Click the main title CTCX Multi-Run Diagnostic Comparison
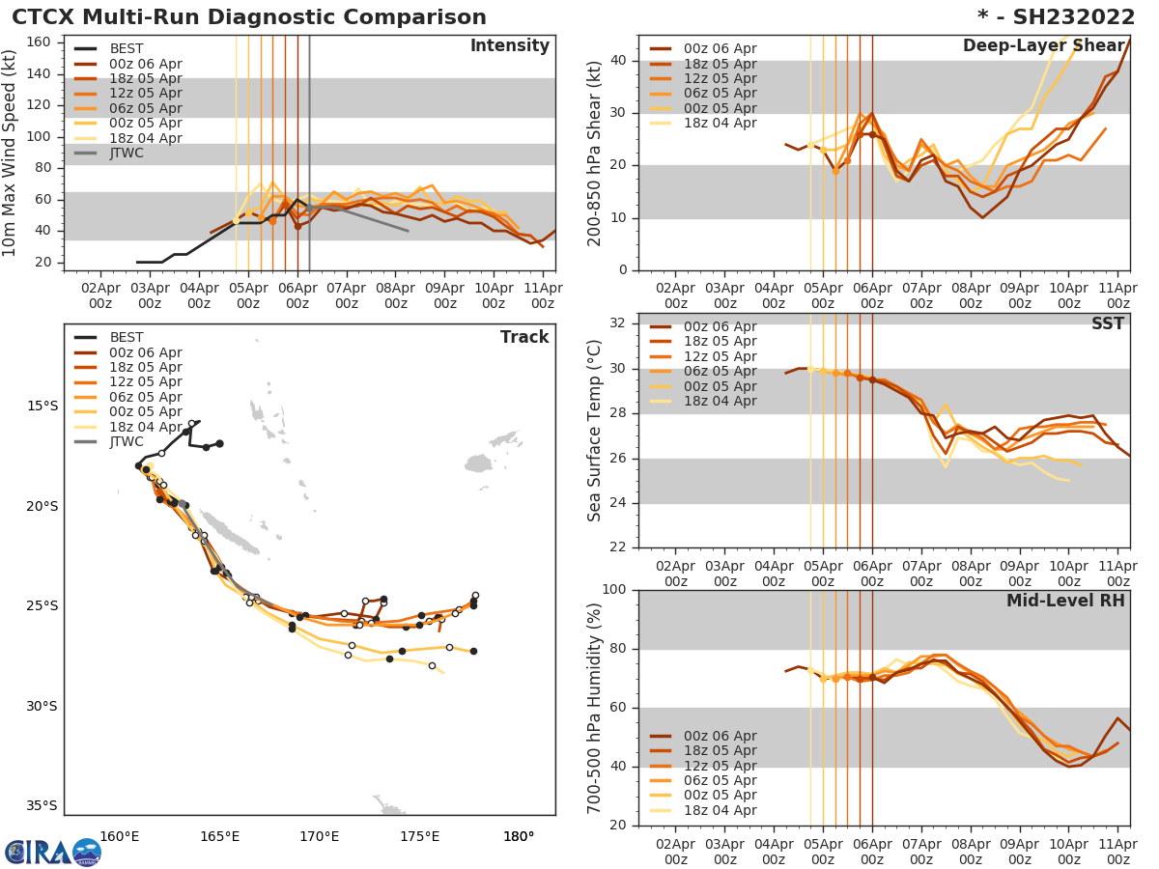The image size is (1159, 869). coord(249,17)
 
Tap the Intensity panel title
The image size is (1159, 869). coord(509,46)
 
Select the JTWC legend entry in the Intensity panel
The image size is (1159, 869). coord(127,153)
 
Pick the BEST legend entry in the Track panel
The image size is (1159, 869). coord(127,338)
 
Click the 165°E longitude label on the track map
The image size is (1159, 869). coord(219,836)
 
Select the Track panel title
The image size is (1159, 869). coord(524,338)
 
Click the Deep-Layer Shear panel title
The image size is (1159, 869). coord(1043,46)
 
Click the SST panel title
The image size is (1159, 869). coord(1108,324)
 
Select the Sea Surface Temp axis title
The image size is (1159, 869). coord(596,431)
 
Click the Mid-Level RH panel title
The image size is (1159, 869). coord(1065,602)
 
